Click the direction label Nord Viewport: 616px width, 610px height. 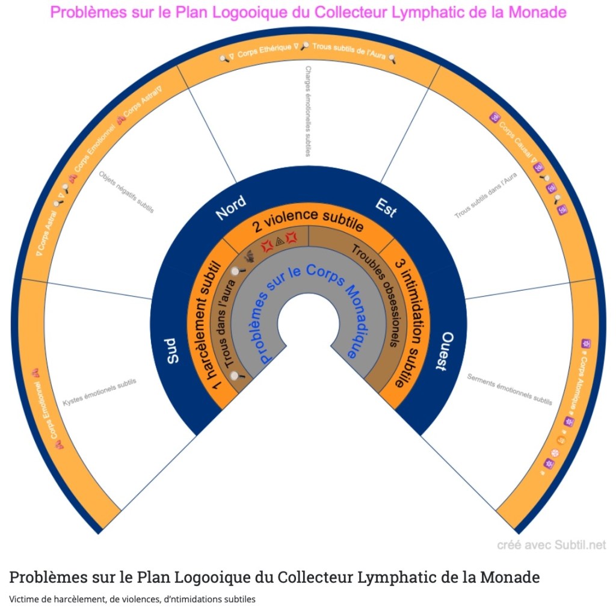click(230, 206)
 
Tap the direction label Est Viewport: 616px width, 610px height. click(386, 206)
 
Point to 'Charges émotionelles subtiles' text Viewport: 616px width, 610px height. click(308, 111)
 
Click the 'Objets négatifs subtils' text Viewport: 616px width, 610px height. click(126, 192)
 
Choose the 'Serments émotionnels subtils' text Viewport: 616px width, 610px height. click(510, 389)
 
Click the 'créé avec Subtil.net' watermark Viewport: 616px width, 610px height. click(551, 545)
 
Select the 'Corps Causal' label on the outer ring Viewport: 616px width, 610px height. click(515, 139)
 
